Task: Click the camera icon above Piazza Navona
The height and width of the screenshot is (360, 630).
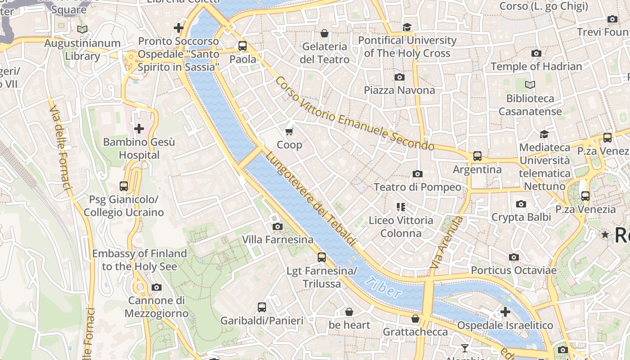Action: click(x=399, y=77)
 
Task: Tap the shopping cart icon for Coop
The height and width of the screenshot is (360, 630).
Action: click(x=289, y=132)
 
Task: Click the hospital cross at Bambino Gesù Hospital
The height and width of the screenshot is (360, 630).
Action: click(x=139, y=129)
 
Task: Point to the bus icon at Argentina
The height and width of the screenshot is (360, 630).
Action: click(x=477, y=157)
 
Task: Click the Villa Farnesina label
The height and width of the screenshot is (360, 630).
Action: click(x=278, y=239)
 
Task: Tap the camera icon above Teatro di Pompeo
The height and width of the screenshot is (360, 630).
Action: click(x=417, y=174)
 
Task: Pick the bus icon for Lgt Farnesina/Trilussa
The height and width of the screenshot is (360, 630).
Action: click(x=321, y=257)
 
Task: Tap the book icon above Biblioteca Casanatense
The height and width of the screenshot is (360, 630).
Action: click(x=530, y=85)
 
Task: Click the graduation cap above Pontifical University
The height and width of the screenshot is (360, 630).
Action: click(x=407, y=27)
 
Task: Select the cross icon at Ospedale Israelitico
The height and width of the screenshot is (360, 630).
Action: click(x=505, y=311)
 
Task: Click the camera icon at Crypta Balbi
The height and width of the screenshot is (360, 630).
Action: click(x=521, y=204)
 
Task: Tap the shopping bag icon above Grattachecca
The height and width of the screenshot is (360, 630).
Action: click(x=415, y=319)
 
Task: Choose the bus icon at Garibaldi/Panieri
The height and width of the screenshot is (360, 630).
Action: click(x=261, y=307)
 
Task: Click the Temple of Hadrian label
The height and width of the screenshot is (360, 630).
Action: click(x=536, y=67)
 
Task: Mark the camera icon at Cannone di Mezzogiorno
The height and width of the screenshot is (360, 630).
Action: click(x=156, y=288)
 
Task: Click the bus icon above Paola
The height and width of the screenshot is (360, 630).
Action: click(x=243, y=46)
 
